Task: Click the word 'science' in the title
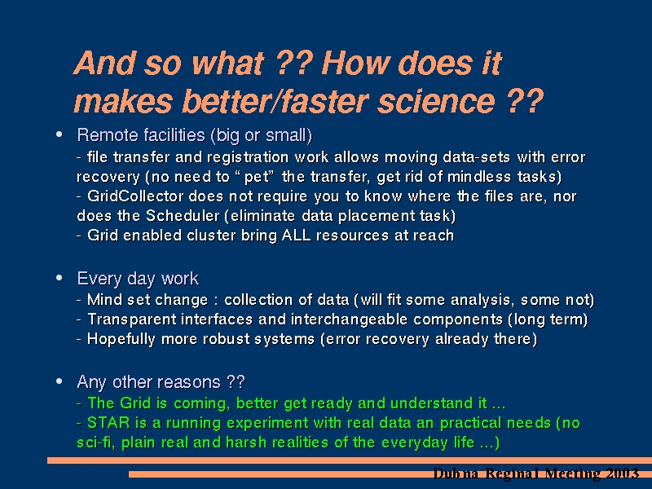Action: (436, 101)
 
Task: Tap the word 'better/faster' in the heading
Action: (275, 101)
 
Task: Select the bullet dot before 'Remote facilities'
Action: (59, 134)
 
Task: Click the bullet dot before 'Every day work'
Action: (59, 277)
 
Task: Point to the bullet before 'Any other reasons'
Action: (59, 381)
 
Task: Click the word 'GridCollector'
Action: (135, 196)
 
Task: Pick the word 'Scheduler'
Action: (183, 215)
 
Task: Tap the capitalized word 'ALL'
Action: (296, 235)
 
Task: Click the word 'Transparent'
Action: (131, 319)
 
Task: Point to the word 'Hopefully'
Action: (121, 339)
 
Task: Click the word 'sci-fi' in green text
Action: (95, 442)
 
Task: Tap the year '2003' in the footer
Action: (622, 474)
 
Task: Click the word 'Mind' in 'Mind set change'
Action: (104, 299)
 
